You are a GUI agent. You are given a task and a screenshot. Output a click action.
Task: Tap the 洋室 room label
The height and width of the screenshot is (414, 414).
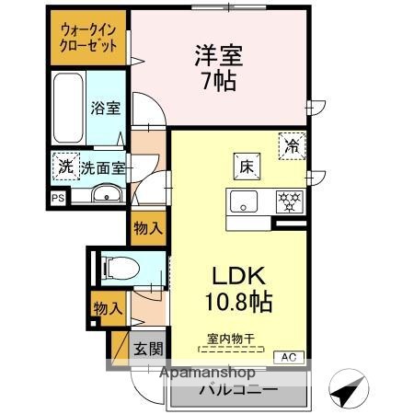[x=217, y=54]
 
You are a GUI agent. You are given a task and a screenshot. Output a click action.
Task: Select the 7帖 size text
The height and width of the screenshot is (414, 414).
[x=218, y=81]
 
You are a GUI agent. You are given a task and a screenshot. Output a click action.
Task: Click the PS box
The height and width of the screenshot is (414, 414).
[x=57, y=197]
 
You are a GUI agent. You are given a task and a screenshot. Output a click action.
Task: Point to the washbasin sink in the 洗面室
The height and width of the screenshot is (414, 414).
[x=107, y=193]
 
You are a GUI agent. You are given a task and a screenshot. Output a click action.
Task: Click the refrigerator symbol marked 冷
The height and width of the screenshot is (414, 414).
[x=292, y=144]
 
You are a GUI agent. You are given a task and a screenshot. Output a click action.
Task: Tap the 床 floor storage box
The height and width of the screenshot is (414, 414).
[x=246, y=167]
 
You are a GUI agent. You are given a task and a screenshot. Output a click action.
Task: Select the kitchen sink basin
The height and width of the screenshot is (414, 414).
[x=246, y=201]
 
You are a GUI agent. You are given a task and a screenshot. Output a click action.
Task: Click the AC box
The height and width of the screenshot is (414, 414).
[x=288, y=356]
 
